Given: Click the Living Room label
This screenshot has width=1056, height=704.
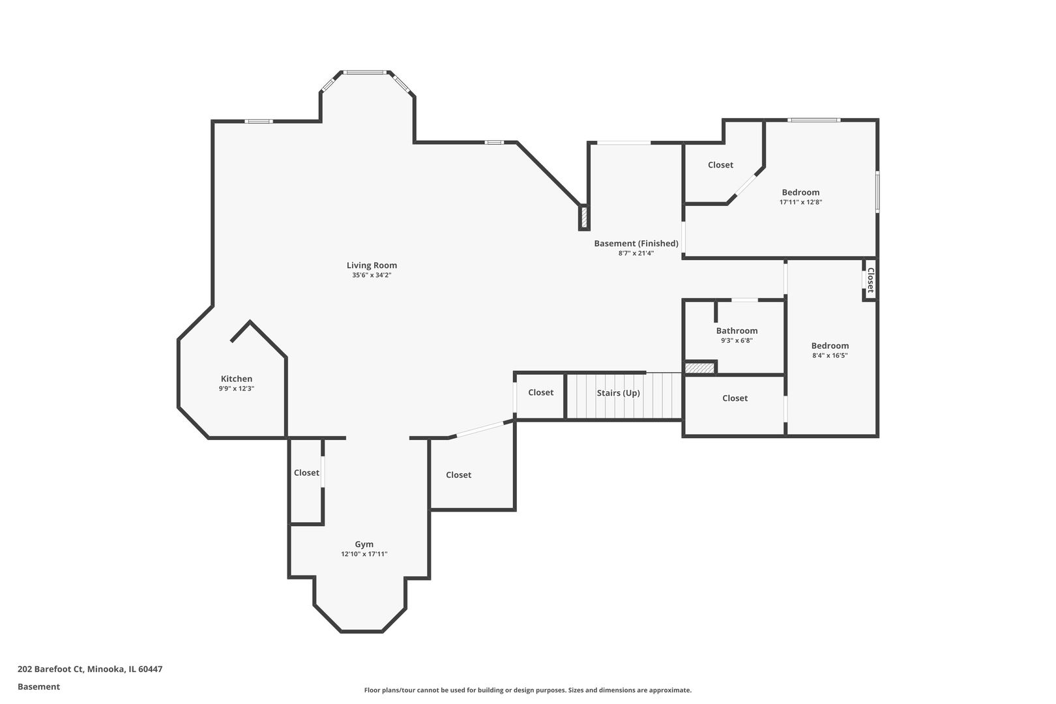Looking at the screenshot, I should coord(372,265).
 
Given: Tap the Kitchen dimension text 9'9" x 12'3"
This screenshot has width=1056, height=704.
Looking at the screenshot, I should coord(236,389).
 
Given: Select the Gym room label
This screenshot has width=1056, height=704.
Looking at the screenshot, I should coord(364,544).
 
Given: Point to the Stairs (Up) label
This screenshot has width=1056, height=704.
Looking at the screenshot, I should coord(618,393).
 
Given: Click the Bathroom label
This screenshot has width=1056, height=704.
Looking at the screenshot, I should coord(737,330).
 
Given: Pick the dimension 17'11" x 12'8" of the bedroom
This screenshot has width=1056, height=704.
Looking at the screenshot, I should coord(800,202).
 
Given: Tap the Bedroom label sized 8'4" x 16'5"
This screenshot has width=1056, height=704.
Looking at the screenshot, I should coord(830,345).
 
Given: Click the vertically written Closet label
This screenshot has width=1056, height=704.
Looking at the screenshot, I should coord(870,280).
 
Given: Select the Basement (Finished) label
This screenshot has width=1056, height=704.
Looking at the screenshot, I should coord(636,243).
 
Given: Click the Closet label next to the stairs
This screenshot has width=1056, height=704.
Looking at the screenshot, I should coord(540,392).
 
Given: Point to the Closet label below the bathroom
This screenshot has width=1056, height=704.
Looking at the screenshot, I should coord(735,398).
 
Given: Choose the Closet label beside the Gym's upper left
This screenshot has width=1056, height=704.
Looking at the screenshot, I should coord(306,473).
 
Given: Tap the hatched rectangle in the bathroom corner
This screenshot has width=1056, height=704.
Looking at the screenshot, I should coord(699,368).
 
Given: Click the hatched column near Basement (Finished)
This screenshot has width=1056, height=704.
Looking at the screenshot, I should coord(584,217).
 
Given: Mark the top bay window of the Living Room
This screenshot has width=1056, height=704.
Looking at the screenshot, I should coord(364,72).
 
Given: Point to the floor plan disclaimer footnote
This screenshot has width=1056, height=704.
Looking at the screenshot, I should coord(527,690).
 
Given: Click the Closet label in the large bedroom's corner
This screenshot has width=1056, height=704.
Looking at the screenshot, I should coord(720,165).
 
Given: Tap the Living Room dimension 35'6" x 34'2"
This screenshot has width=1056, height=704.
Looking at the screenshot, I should coord(372,275).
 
